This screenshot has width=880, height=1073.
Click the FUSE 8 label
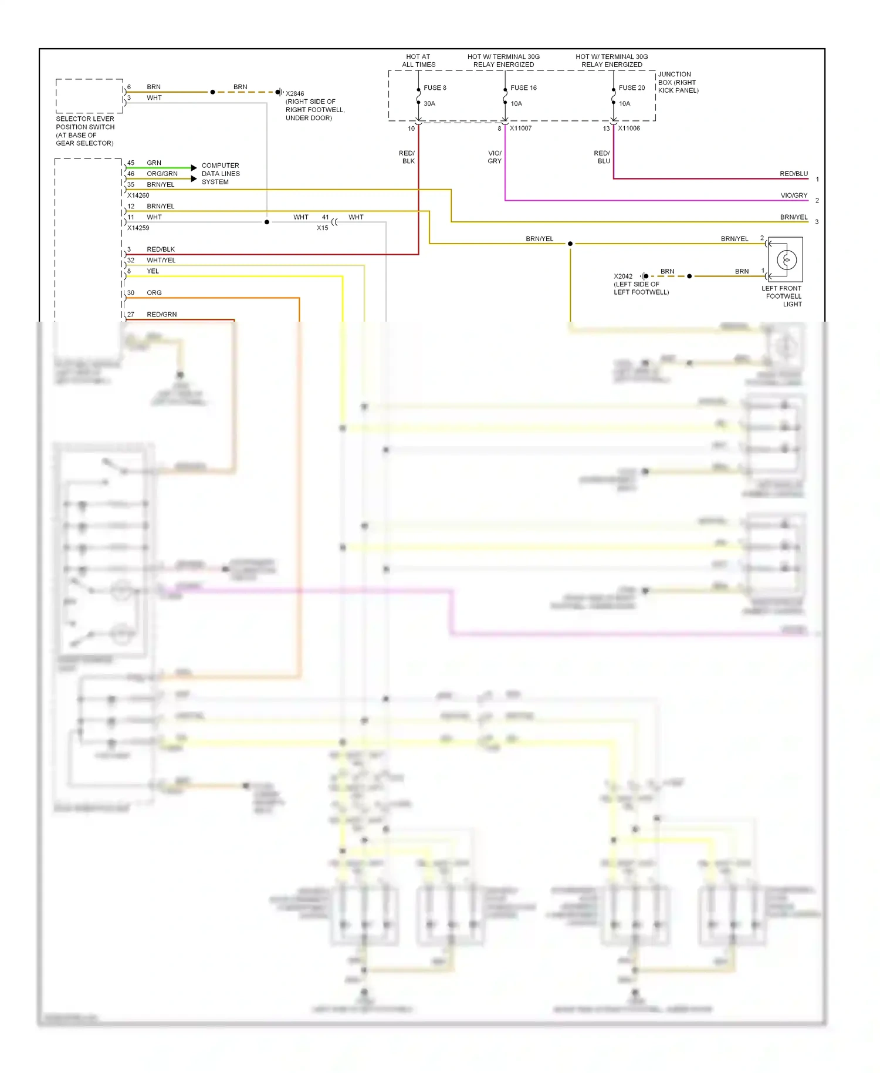(435, 88)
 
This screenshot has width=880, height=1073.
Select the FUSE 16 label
(523, 88)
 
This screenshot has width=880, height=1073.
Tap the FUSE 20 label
(631, 88)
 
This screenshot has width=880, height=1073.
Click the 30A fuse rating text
(429, 104)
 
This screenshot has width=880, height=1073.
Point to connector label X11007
(520, 129)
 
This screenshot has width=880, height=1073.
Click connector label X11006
(628, 129)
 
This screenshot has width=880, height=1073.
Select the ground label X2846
(295, 94)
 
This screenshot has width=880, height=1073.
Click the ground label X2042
(623, 276)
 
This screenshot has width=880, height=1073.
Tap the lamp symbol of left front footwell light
(786, 259)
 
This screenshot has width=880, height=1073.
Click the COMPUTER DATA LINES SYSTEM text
(221, 174)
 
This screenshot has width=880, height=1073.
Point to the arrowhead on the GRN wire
(194, 168)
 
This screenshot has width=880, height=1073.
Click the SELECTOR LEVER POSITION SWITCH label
(85, 131)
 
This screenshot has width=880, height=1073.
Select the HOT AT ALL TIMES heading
(418, 61)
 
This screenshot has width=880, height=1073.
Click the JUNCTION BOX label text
(678, 83)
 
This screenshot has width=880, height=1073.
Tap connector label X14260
(138, 195)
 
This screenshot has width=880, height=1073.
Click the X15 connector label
(322, 228)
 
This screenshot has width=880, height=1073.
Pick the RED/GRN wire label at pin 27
(161, 315)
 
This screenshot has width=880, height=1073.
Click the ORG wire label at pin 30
(154, 293)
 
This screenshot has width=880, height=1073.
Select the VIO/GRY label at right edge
(793, 195)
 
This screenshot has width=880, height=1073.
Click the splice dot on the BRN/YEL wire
(570, 244)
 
